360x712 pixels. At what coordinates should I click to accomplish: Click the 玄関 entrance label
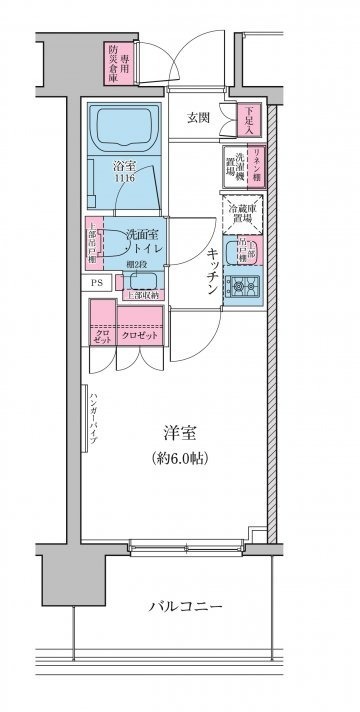(197, 118)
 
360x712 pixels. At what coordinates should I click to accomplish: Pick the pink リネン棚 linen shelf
(256, 163)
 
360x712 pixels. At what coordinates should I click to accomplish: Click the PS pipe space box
(98, 283)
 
